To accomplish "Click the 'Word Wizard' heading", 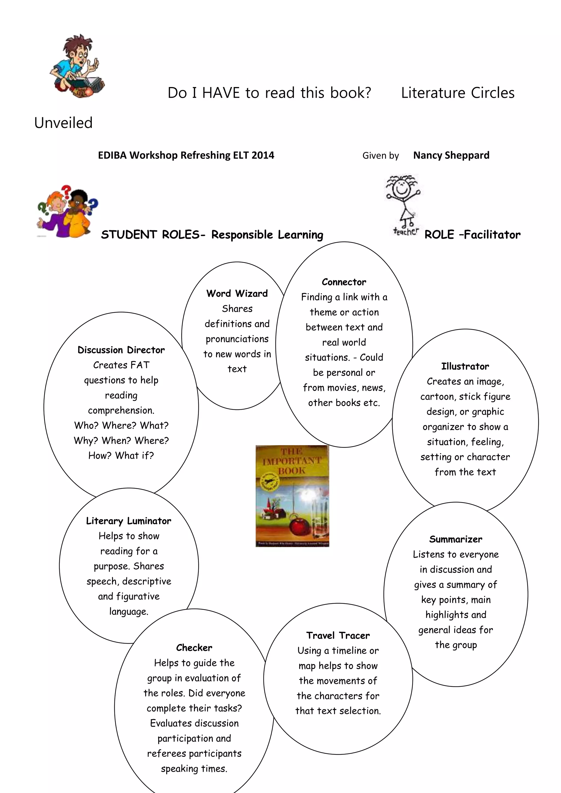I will coord(237,294).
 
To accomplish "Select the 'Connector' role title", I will coord(344,282).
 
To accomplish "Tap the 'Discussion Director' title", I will coord(121,350).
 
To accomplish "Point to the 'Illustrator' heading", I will coord(465,366).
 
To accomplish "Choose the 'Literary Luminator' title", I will coord(128,521).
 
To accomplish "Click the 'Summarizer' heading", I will coord(456,539).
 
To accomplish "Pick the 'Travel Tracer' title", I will coord(338,636).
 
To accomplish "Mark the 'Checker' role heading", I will coord(194,648).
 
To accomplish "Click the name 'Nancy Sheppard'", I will coord(451,156).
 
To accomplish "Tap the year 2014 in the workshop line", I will coord(263,156).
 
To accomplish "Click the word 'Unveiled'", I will coord(64,123).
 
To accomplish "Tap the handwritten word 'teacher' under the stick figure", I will coord(406,231).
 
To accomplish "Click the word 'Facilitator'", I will coord(492,235).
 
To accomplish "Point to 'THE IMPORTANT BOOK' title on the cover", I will coord(292,461).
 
